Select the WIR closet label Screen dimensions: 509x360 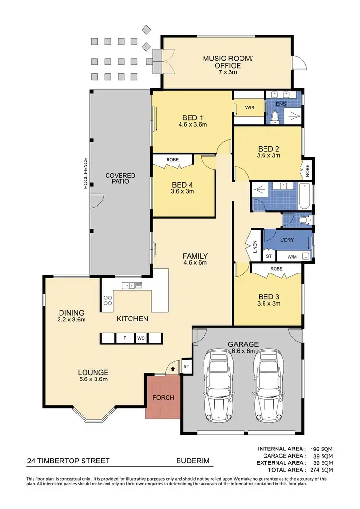point(250,108)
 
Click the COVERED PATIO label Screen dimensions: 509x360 point(120,178)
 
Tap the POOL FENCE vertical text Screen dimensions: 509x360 point(85,172)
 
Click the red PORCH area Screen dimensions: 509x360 point(163,397)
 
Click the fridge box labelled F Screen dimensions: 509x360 point(125,338)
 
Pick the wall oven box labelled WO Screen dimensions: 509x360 point(141,338)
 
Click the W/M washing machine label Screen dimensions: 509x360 point(292,256)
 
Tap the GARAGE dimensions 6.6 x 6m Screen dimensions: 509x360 point(243,351)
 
